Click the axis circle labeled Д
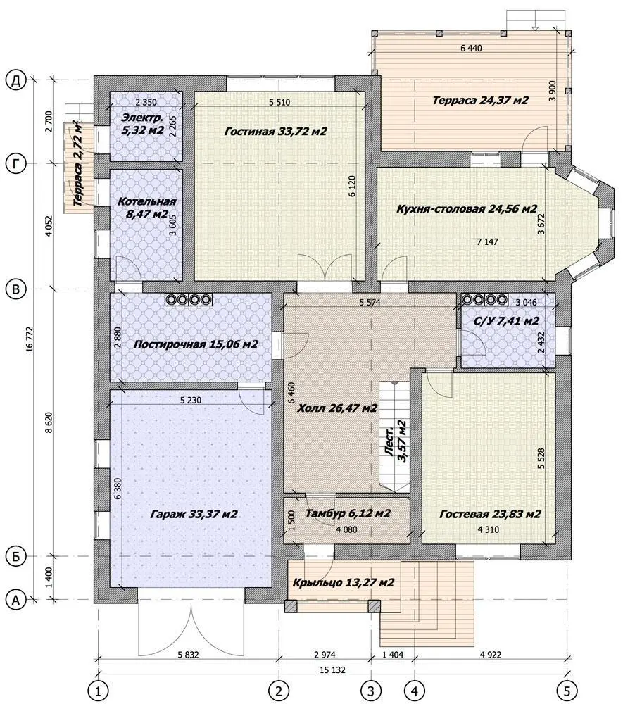tap(16, 81)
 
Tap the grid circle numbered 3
tap(371, 690)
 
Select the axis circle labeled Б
tap(16, 557)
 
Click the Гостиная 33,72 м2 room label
tap(275, 132)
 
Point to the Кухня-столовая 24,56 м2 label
tap(467, 209)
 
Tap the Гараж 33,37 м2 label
tap(194, 514)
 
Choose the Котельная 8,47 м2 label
tap(146, 208)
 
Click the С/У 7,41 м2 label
tap(506, 321)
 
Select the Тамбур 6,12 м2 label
tap(348, 513)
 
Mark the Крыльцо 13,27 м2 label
tap(344, 583)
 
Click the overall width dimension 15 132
tap(332, 670)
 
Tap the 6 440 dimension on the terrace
tap(471, 48)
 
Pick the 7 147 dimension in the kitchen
tap(487, 241)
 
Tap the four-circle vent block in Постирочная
tap(189, 299)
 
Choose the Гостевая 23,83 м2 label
tap(490, 514)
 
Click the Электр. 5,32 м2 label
tap(143, 125)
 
